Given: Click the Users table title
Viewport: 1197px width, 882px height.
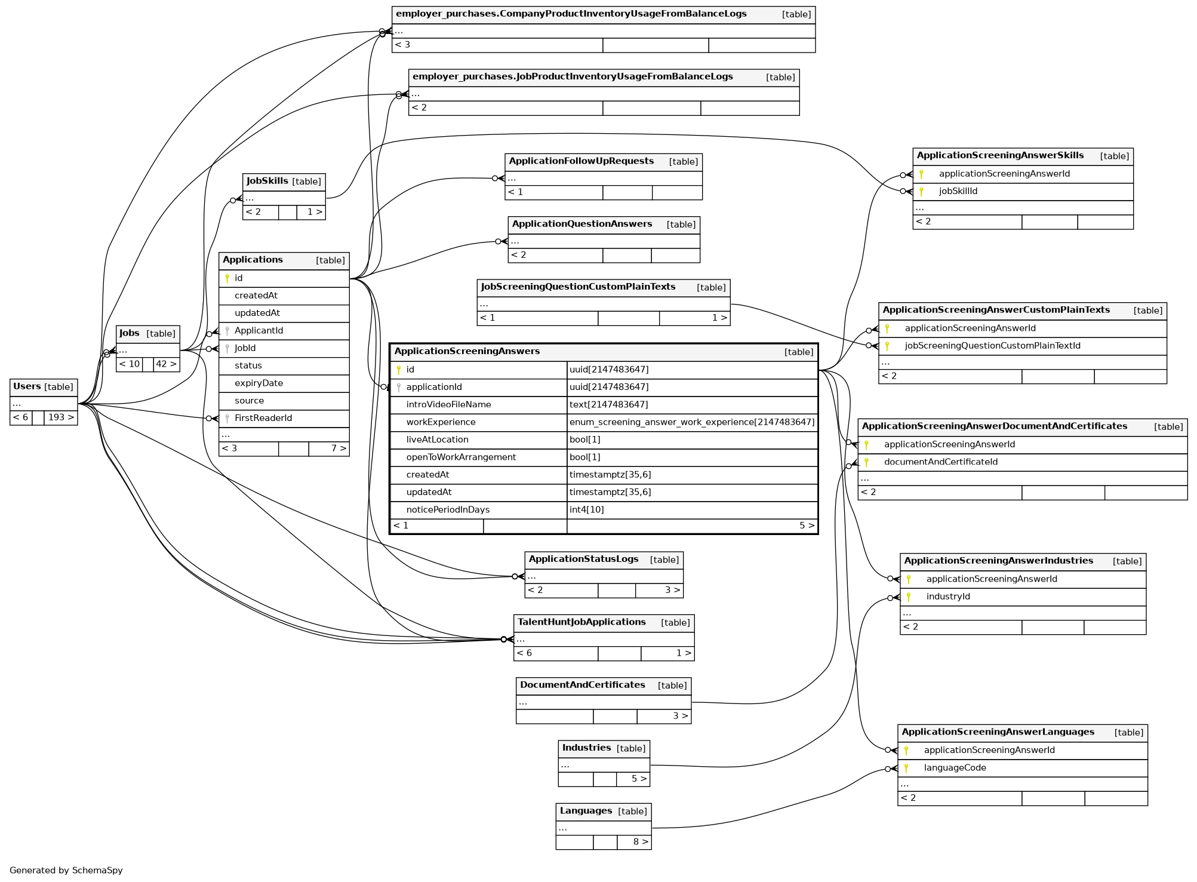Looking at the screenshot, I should point(27,386).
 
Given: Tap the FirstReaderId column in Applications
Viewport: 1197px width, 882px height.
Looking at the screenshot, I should point(263,418).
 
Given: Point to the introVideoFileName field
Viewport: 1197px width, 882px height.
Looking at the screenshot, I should point(448,405).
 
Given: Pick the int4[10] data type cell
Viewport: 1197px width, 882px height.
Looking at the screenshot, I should point(586,510).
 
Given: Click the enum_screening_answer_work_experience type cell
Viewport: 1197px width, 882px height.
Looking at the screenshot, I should point(691,422).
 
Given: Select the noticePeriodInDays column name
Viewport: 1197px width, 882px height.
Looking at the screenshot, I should point(448,510).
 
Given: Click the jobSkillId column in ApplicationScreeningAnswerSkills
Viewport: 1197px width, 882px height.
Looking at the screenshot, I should point(958,191).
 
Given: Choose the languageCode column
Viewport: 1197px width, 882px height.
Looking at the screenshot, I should point(955,768).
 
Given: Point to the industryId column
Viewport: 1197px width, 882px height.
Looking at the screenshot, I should point(948,597).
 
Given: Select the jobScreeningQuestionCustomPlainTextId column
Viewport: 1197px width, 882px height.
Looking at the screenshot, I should point(992,346).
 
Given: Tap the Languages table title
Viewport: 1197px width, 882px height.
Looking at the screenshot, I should point(586,811).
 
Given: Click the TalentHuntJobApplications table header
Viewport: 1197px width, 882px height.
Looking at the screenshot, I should point(581,622).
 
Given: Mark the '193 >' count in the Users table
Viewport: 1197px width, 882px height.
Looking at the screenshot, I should point(61,417).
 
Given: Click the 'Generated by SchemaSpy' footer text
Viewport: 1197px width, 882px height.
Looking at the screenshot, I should point(66,871).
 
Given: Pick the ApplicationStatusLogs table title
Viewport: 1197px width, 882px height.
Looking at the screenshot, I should point(583,560).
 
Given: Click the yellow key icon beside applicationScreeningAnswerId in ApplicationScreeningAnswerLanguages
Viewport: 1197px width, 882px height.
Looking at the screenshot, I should point(906,751).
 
